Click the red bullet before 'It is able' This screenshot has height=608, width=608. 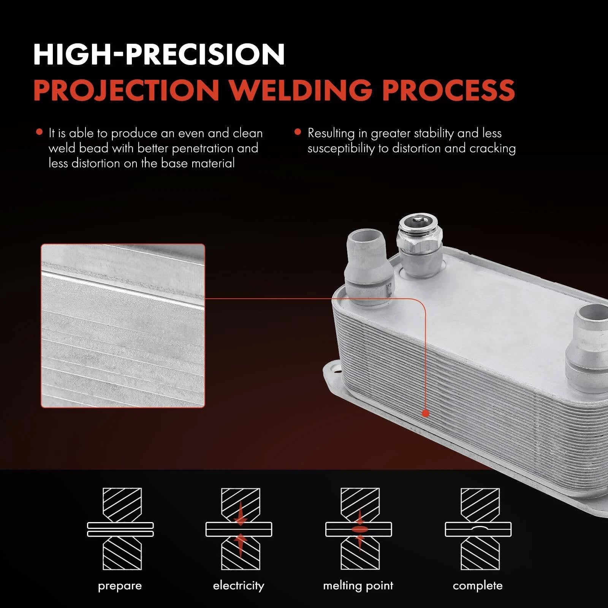point(39,132)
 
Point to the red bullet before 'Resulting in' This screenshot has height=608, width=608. point(298,132)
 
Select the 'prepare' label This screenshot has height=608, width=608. point(120,586)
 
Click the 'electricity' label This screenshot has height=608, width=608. point(239,586)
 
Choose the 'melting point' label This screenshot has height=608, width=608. point(358,586)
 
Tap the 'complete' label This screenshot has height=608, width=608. point(478,586)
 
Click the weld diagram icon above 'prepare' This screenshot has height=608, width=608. point(120,529)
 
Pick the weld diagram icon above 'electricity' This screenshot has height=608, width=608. point(239,529)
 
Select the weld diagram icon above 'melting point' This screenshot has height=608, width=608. point(359,529)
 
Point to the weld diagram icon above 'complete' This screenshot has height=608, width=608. point(478,529)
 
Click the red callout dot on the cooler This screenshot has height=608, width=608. point(426,413)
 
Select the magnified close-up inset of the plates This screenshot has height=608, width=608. point(123,326)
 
